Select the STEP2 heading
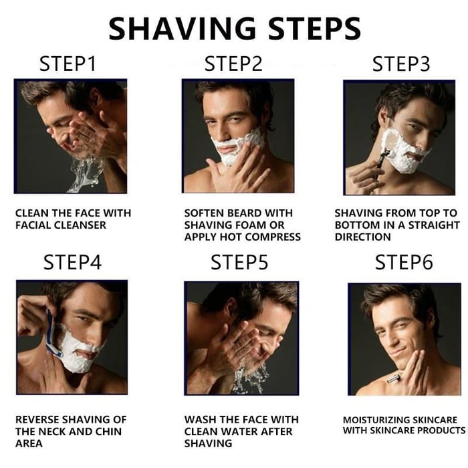(x=233, y=64)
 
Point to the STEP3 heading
(x=401, y=64)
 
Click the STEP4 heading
(x=72, y=262)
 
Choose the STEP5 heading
(x=239, y=262)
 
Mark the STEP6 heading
(x=404, y=262)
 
